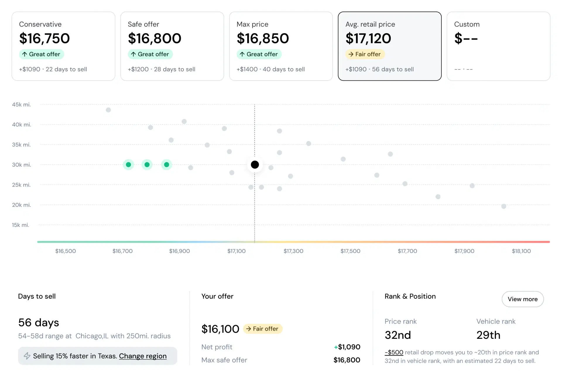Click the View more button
pyautogui.click(x=522, y=299)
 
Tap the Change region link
pyautogui.click(x=143, y=356)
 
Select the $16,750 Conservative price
pyautogui.click(x=44, y=39)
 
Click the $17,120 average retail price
pyautogui.click(x=368, y=39)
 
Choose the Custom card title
pyautogui.click(x=467, y=24)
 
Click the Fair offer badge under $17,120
pyautogui.click(x=365, y=54)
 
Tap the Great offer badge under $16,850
pyautogui.click(x=259, y=54)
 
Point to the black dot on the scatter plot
pyautogui.click(x=255, y=165)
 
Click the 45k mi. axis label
pyautogui.click(x=21, y=105)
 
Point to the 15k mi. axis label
pyautogui.click(x=20, y=225)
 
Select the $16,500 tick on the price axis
pyautogui.click(x=66, y=251)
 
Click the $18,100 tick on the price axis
pyautogui.click(x=521, y=251)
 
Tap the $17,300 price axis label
pyautogui.click(x=293, y=251)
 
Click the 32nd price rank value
pyautogui.click(x=397, y=335)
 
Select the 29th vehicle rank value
pyautogui.click(x=488, y=335)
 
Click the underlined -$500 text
pyautogui.click(x=394, y=352)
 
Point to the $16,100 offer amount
pyautogui.click(x=220, y=329)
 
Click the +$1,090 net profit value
pyautogui.click(x=347, y=347)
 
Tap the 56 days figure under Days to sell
pyautogui.click(x=39, y=323)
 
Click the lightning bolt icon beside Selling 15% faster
pyautogui.click(x=27, y=356)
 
